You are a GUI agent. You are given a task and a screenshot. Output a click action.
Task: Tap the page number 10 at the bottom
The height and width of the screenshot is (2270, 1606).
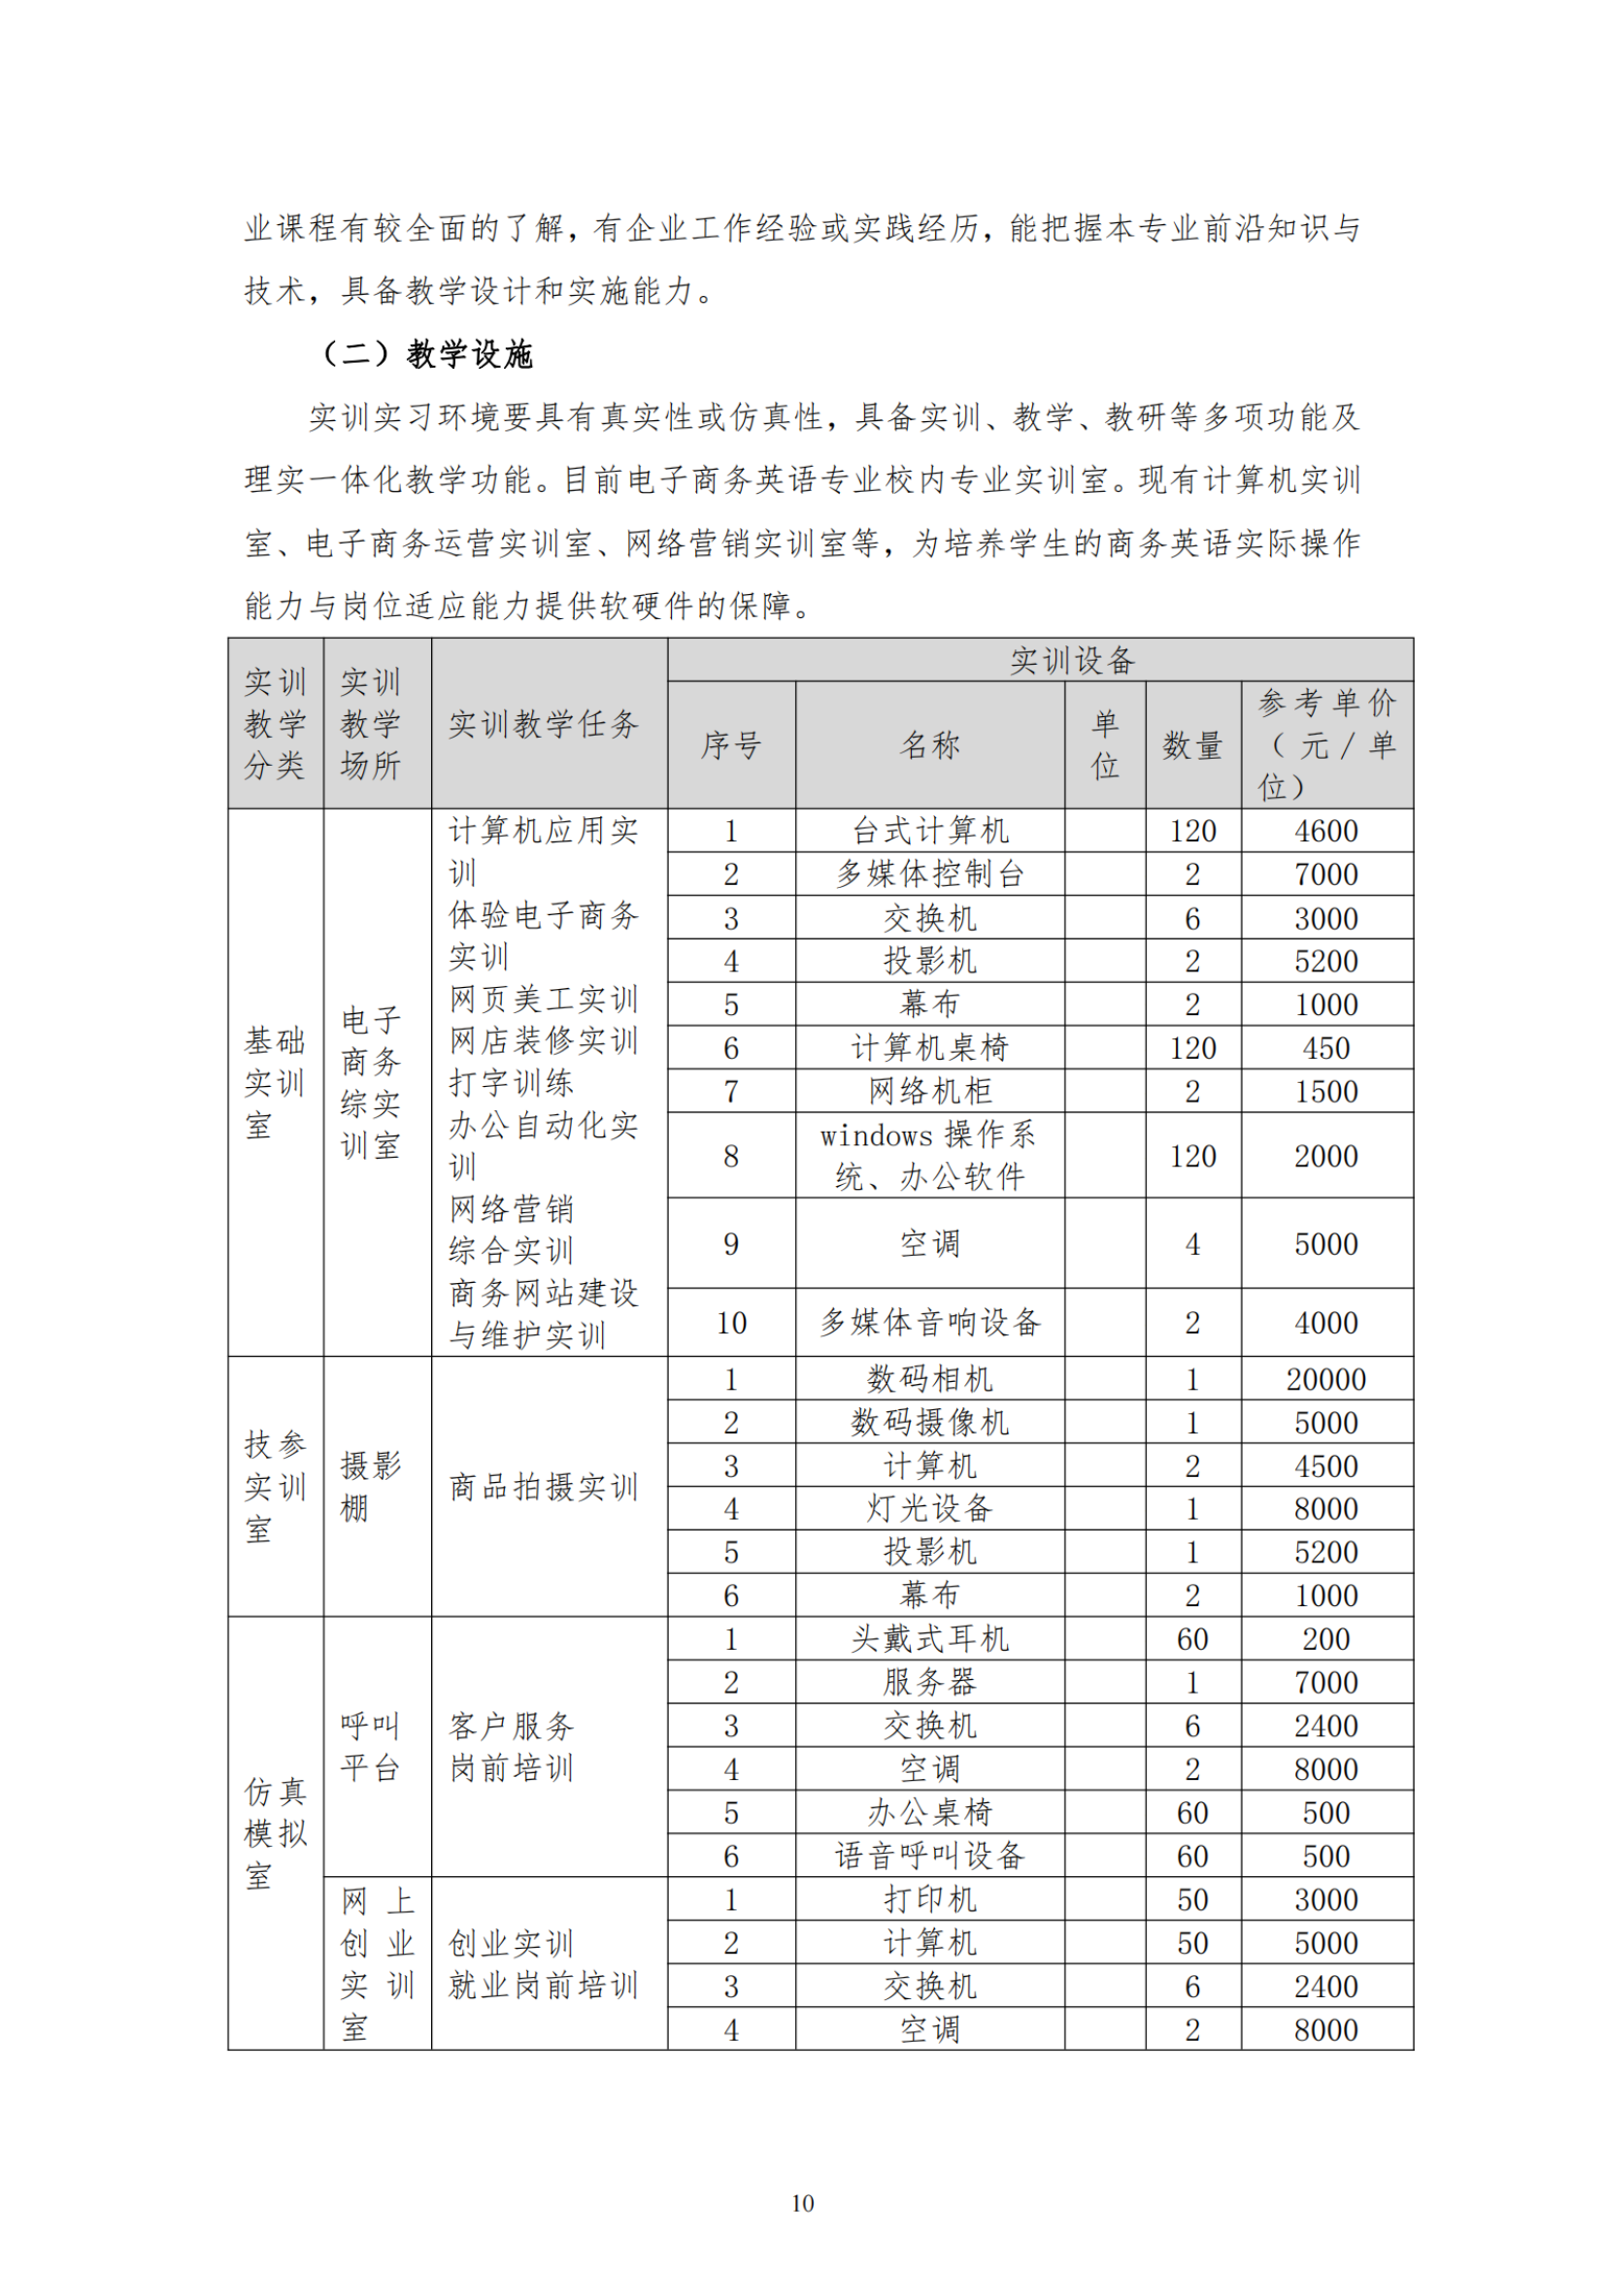(802, 2203)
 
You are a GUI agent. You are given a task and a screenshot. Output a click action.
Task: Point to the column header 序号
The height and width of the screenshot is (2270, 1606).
(731, 745)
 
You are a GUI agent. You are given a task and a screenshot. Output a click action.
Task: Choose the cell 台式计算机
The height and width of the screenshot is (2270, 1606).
(929, 831)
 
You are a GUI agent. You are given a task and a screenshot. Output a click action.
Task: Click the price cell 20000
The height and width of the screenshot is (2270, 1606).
(1325, 1379)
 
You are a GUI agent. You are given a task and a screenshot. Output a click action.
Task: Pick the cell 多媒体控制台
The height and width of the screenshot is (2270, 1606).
(929, 874)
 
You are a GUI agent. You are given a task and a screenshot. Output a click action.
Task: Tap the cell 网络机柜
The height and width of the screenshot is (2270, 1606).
(929, 1092)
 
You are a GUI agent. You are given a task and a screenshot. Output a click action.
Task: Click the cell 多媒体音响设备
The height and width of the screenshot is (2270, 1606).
(929, 1323)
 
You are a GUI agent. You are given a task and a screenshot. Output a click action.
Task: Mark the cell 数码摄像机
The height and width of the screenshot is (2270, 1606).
(929, 1423)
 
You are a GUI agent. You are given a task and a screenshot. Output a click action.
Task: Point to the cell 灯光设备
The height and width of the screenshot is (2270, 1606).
(929, 1509)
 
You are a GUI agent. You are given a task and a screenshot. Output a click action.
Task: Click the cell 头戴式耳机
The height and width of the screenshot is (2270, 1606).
(929, 1639)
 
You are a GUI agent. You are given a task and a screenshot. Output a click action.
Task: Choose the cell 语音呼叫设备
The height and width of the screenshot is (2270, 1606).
(929, 1856)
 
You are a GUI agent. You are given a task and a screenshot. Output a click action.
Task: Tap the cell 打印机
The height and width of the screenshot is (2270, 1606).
(929, 1899)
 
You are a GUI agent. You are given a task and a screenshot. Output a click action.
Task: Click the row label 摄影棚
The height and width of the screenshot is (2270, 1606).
(370, 1486)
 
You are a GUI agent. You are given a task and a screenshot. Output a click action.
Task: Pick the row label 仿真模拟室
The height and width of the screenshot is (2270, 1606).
(275, 1833)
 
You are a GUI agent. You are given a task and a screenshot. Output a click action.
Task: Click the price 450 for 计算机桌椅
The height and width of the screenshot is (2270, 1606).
(1325, 1048)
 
